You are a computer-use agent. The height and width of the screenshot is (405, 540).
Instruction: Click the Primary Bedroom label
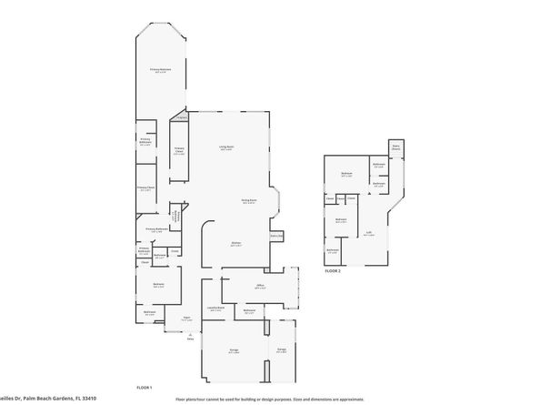click(x=161, y=70)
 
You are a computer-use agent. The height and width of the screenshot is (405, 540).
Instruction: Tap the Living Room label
click(x=226, y=147)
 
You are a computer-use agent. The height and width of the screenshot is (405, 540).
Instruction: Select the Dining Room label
click(x=249, y=200)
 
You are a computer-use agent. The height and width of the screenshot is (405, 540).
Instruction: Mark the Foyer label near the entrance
click(x=185, y=319)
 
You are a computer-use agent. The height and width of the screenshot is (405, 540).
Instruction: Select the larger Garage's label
click(x=235, y=350)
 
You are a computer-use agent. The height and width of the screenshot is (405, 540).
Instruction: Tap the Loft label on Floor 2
click(x=370, y=233)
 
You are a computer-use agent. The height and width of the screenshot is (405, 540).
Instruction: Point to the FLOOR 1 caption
click(x=144, y=388)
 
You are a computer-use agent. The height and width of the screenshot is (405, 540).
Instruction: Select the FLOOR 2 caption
click(x=334, y=271)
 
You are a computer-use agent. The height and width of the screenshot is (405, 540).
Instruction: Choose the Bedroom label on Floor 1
click(x=159, y=286)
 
